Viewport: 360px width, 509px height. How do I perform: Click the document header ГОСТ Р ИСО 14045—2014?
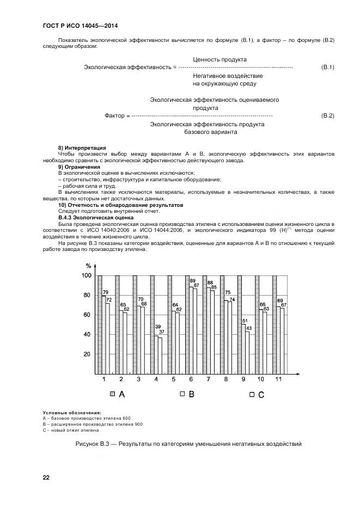[x=80, y=26]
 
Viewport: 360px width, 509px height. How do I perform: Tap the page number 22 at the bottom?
[x=46, y=477]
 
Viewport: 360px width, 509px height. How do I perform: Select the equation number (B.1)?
[x=327, y=67]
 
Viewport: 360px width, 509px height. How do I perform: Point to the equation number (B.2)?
[x=327, y=116]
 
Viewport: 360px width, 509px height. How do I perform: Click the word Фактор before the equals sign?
[x=114, y=116]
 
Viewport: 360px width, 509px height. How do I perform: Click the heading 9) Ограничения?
[x=78, y=167]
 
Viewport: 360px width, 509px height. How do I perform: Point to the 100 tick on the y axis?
[x=87, y=276]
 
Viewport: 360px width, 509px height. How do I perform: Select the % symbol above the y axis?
[x=88, y=266]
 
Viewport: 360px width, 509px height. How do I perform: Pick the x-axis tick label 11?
[x=278, y=379]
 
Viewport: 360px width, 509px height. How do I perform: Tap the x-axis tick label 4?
[x=156, y=379]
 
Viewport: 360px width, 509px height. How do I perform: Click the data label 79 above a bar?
[x=106, y=292]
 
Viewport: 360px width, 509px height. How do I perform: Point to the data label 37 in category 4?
[x=161, y=332]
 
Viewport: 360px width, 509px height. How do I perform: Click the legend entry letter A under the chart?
[x=121, y=394]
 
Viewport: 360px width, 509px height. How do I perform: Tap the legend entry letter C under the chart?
[x=261, y=395]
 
